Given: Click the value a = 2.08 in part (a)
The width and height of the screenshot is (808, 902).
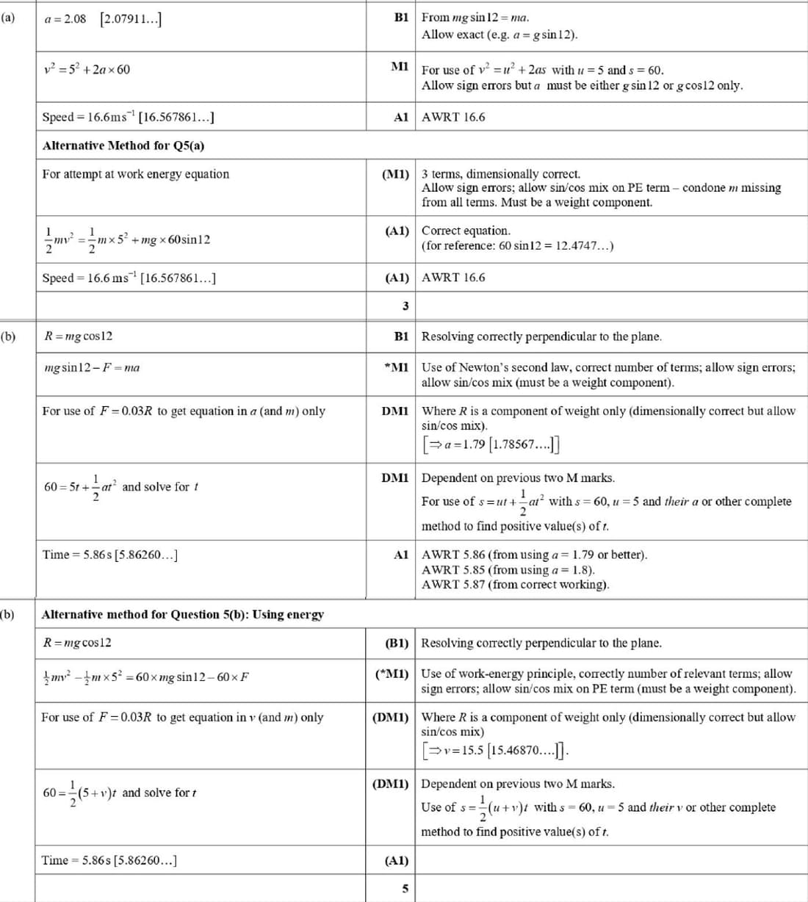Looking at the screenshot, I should tap(65, 18).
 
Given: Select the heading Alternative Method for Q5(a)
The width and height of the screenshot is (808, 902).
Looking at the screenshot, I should tap(123, 145).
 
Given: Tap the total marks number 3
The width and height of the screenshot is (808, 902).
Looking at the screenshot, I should tap(405, 306).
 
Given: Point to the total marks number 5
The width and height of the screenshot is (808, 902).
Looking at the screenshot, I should tap(405, 888).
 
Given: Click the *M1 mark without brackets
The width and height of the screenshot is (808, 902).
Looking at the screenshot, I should tap(396, 367).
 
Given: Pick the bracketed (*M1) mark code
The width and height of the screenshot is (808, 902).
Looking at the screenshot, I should tap(392, 673).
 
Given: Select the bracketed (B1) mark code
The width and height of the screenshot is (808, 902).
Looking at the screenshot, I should tap(397, 643).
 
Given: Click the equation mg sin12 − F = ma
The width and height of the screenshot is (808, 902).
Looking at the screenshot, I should tap(92, 367).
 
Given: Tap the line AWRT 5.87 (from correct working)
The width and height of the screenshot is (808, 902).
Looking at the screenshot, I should tap(515, 585).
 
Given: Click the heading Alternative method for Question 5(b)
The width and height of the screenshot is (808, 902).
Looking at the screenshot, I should tap(182, 614).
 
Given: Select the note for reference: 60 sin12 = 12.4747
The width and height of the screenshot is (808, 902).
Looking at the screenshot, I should tap(517, 245).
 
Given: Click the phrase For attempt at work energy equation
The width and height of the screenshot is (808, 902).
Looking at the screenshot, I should tap(135, 174).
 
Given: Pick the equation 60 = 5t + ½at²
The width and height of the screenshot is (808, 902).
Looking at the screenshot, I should tap(81, 486).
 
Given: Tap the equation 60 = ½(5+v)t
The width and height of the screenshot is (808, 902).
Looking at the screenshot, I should tap(80, 793).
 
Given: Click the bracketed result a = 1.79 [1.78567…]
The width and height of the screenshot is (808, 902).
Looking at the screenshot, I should tap(491, 444).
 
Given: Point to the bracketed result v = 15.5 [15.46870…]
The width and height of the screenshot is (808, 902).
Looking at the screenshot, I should tap(494, 750).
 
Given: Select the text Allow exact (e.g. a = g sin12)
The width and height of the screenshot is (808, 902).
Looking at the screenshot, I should tap(499, 35).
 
